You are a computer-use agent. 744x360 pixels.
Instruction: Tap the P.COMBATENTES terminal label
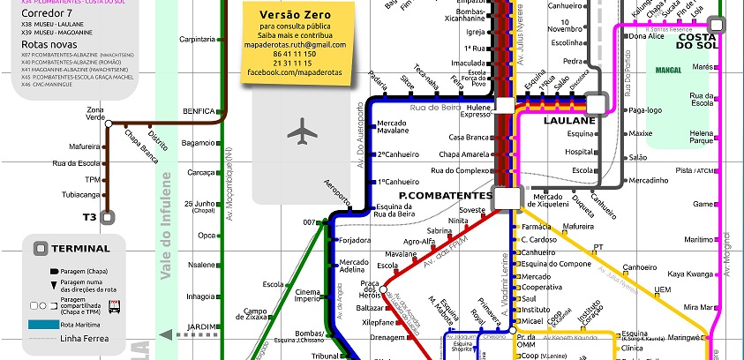(445, 195)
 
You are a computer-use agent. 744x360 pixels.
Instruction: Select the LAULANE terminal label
(569, 120)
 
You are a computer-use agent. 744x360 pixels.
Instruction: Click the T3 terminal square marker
(108, 215)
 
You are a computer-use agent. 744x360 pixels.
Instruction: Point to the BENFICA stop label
(199, 111)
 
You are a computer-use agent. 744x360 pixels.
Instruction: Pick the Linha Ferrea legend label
(85, 338)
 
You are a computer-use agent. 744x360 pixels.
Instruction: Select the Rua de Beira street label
(436, 107)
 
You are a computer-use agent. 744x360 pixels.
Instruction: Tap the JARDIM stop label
(202, 327)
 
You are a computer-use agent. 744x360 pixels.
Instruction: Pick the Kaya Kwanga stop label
(689, 274)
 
